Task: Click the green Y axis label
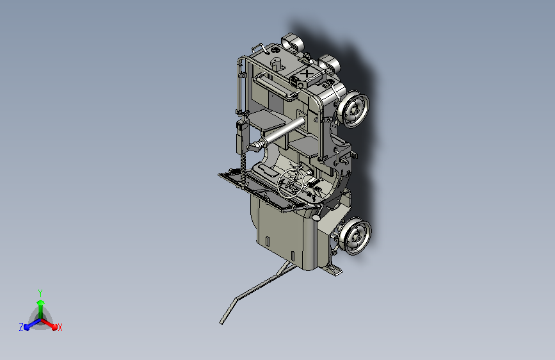[40, 291]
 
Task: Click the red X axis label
[60, 328]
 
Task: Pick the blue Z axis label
[21, 327]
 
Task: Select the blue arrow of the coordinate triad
[29, 324]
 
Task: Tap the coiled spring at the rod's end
[254, 147]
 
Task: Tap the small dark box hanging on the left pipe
[241, 135]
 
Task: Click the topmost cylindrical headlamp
[293, 43]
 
